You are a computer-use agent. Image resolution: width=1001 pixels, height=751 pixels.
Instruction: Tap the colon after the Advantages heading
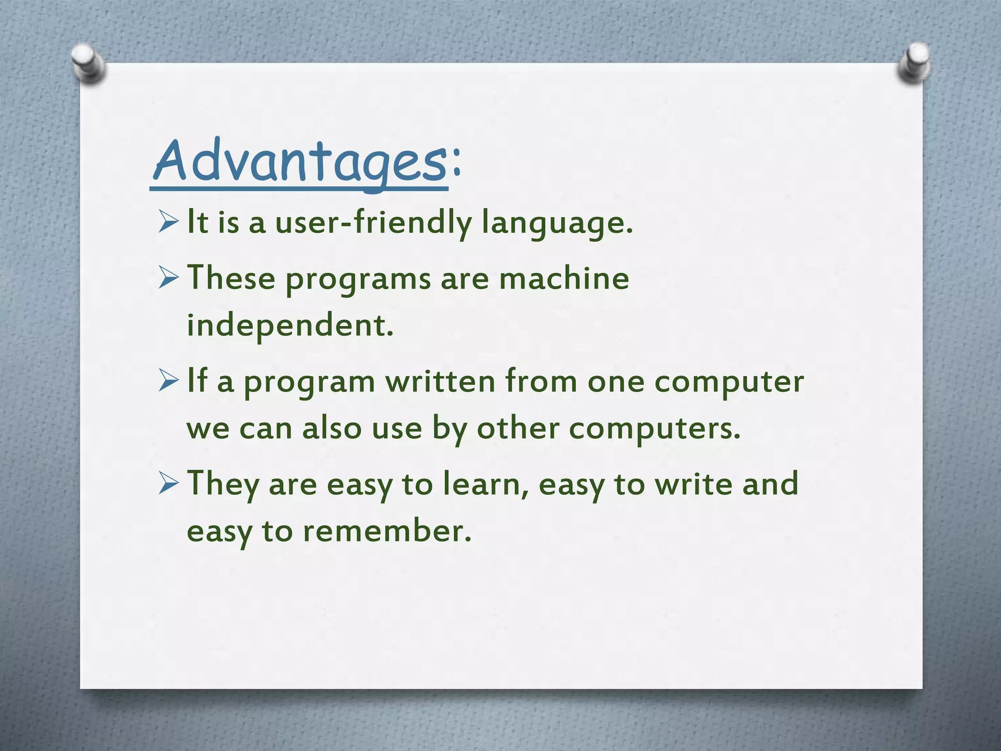coord(456,161)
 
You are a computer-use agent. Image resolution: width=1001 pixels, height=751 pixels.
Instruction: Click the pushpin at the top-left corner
coord(88,64)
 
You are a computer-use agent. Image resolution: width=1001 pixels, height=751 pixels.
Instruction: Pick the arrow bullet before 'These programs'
coord(169,279)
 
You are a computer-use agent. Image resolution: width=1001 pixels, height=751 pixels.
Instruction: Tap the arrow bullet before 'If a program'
coord(169,382)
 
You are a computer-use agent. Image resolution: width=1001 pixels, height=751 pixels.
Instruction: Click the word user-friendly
coord(373,222)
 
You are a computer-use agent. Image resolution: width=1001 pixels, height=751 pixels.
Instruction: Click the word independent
coord(290,325)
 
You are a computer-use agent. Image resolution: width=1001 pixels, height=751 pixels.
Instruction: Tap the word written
coord(440,381)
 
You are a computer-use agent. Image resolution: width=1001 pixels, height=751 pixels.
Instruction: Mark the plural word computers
coord(654,429)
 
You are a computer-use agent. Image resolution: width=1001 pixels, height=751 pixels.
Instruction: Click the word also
coord(331,428)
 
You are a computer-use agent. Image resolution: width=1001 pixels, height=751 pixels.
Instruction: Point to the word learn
coord(485,484)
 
